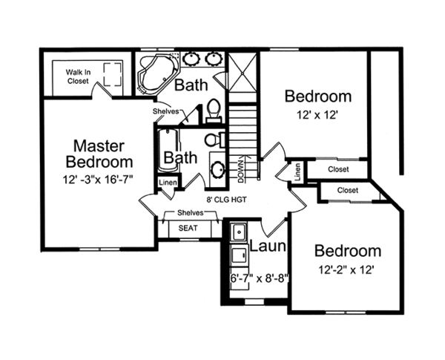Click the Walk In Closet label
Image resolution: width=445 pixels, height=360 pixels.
pos(79,76)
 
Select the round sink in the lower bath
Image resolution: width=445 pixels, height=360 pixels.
pos(217,168)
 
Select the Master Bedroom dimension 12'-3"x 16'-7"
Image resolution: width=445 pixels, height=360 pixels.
pos(99,179)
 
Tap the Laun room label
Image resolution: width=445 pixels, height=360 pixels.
pos(264,248)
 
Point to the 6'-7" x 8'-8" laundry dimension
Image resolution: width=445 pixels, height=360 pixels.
pos(256,279)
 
